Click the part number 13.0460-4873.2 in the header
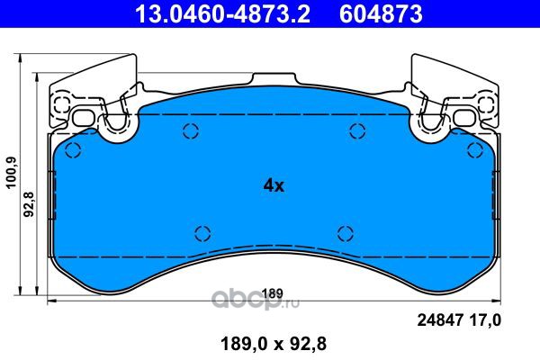tap(223, 14)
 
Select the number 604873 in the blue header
tap(381, 14)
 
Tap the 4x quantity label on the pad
tap(274, 186)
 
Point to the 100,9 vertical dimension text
tap(12, 172)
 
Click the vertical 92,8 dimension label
tap(30, 204)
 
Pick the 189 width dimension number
tap(273, 293)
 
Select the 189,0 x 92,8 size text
tap(274, 344)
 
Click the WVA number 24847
tap(439, 320)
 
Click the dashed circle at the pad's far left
tap(73, 150)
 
